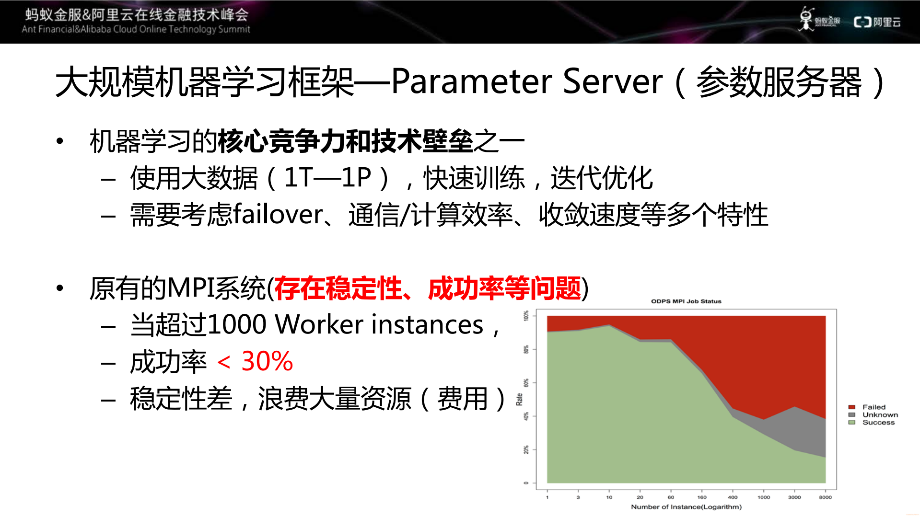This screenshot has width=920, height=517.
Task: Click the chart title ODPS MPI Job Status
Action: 686,301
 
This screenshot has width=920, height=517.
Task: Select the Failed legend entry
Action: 873,407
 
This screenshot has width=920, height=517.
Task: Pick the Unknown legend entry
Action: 880,414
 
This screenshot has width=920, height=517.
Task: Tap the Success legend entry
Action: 878,422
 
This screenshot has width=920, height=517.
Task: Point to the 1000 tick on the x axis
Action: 764,497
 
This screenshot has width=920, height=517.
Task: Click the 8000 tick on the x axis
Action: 825,497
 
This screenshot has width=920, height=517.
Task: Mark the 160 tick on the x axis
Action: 702,497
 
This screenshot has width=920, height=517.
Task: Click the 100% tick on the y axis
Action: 526,316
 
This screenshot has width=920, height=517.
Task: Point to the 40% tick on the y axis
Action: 526,416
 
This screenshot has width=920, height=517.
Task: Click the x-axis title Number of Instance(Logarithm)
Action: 686,506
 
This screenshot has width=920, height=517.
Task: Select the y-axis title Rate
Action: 519,399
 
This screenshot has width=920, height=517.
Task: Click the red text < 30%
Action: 255,361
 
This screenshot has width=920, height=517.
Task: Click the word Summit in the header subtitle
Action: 234,29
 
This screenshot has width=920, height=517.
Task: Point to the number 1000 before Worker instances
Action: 237,325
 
